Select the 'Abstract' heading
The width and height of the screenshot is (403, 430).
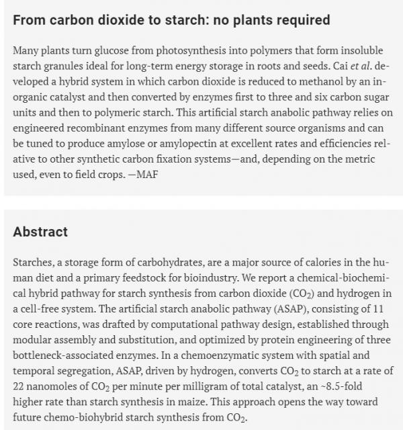pos(40,232)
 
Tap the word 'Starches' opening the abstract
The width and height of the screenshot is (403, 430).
pos(34,263)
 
